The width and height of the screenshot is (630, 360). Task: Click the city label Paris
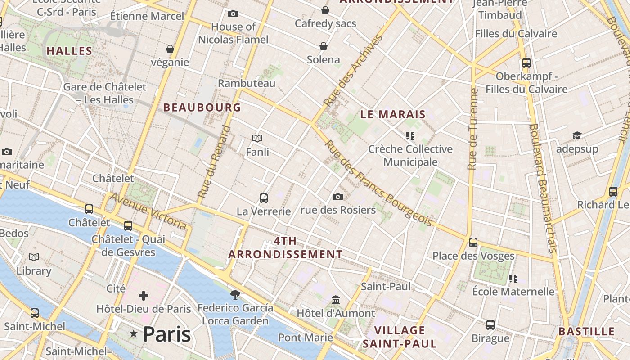pos(166,334)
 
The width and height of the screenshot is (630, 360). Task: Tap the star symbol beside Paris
pos(134,334)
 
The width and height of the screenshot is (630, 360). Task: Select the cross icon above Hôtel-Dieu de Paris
pos(144,296)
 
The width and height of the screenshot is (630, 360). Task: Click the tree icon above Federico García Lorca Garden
pos(235,295)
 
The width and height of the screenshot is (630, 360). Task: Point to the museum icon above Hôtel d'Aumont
pos(336,300)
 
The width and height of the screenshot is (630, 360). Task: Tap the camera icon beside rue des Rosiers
pos(338,197)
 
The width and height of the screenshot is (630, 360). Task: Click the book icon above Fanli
pos(257,138)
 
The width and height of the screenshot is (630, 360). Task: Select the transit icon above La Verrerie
pos(264,198)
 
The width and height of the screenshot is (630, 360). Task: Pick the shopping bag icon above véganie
pos(170,49)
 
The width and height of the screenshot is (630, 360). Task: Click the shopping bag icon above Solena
pos(324,46)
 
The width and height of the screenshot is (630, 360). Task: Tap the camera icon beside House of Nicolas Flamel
pos(233,13)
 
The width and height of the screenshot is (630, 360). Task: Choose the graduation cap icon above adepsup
pos(577,135)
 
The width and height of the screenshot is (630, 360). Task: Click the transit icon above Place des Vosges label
pos(473,243)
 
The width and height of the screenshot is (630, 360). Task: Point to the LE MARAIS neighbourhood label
pos(393,114)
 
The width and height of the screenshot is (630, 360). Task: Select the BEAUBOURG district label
pos(202,108)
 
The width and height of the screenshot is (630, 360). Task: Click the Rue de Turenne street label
pos(472,129)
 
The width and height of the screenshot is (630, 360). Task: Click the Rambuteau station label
pos(247,83)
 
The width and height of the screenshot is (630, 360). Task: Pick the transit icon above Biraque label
pos(490,324)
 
